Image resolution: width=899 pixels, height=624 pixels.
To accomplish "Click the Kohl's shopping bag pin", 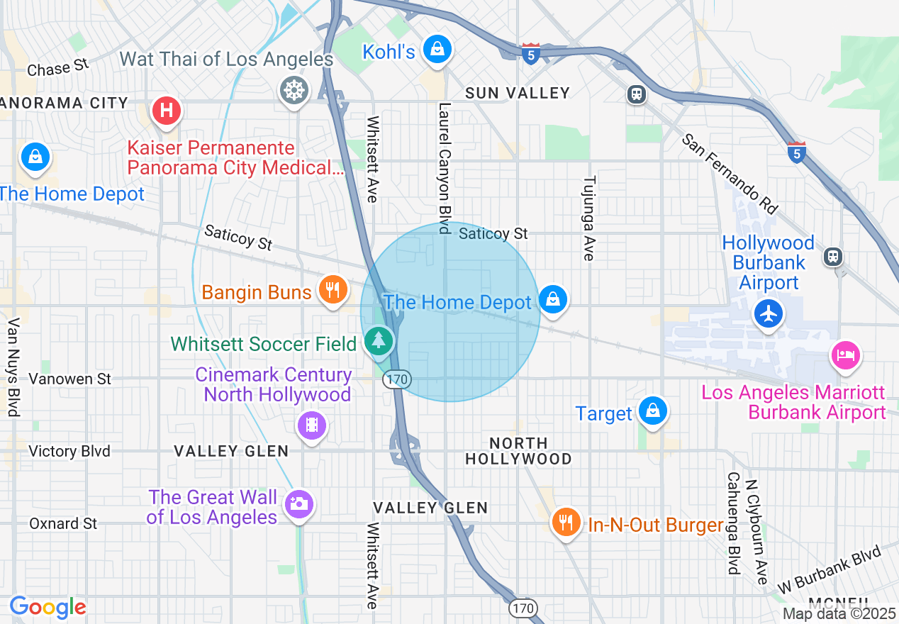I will point(437,50).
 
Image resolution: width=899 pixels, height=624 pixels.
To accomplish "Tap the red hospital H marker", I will point(167,111).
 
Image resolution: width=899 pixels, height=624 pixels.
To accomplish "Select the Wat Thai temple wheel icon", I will point(294,91).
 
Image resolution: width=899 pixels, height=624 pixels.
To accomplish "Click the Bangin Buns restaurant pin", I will point(331,289).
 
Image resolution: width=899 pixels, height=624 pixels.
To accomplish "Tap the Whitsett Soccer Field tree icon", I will point(379,341).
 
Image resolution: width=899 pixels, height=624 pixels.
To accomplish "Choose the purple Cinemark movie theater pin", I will point(312,425).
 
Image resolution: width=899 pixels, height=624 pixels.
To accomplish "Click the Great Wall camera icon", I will point(298,504).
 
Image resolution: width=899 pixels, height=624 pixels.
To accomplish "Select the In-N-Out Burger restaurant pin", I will point(565,523).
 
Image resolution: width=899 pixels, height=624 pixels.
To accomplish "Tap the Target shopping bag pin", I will point(652,411).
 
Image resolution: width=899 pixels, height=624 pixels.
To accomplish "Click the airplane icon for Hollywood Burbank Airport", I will point(769,313).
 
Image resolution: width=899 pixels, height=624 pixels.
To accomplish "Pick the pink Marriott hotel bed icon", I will point(846,355).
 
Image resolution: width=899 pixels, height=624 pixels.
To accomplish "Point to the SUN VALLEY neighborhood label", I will point(518,93).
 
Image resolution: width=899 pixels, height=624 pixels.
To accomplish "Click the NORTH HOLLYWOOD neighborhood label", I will point(518,451).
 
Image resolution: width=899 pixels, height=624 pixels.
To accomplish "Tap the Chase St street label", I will point(58,67).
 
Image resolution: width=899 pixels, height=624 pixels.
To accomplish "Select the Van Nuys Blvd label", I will point(13,367).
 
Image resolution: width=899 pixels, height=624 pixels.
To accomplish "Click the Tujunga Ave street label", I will point(588,218).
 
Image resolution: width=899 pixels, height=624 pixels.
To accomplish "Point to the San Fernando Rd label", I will point(730,174).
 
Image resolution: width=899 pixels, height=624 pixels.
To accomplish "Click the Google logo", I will point(48,607).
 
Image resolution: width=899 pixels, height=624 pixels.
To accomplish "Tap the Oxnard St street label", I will point(63,523).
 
